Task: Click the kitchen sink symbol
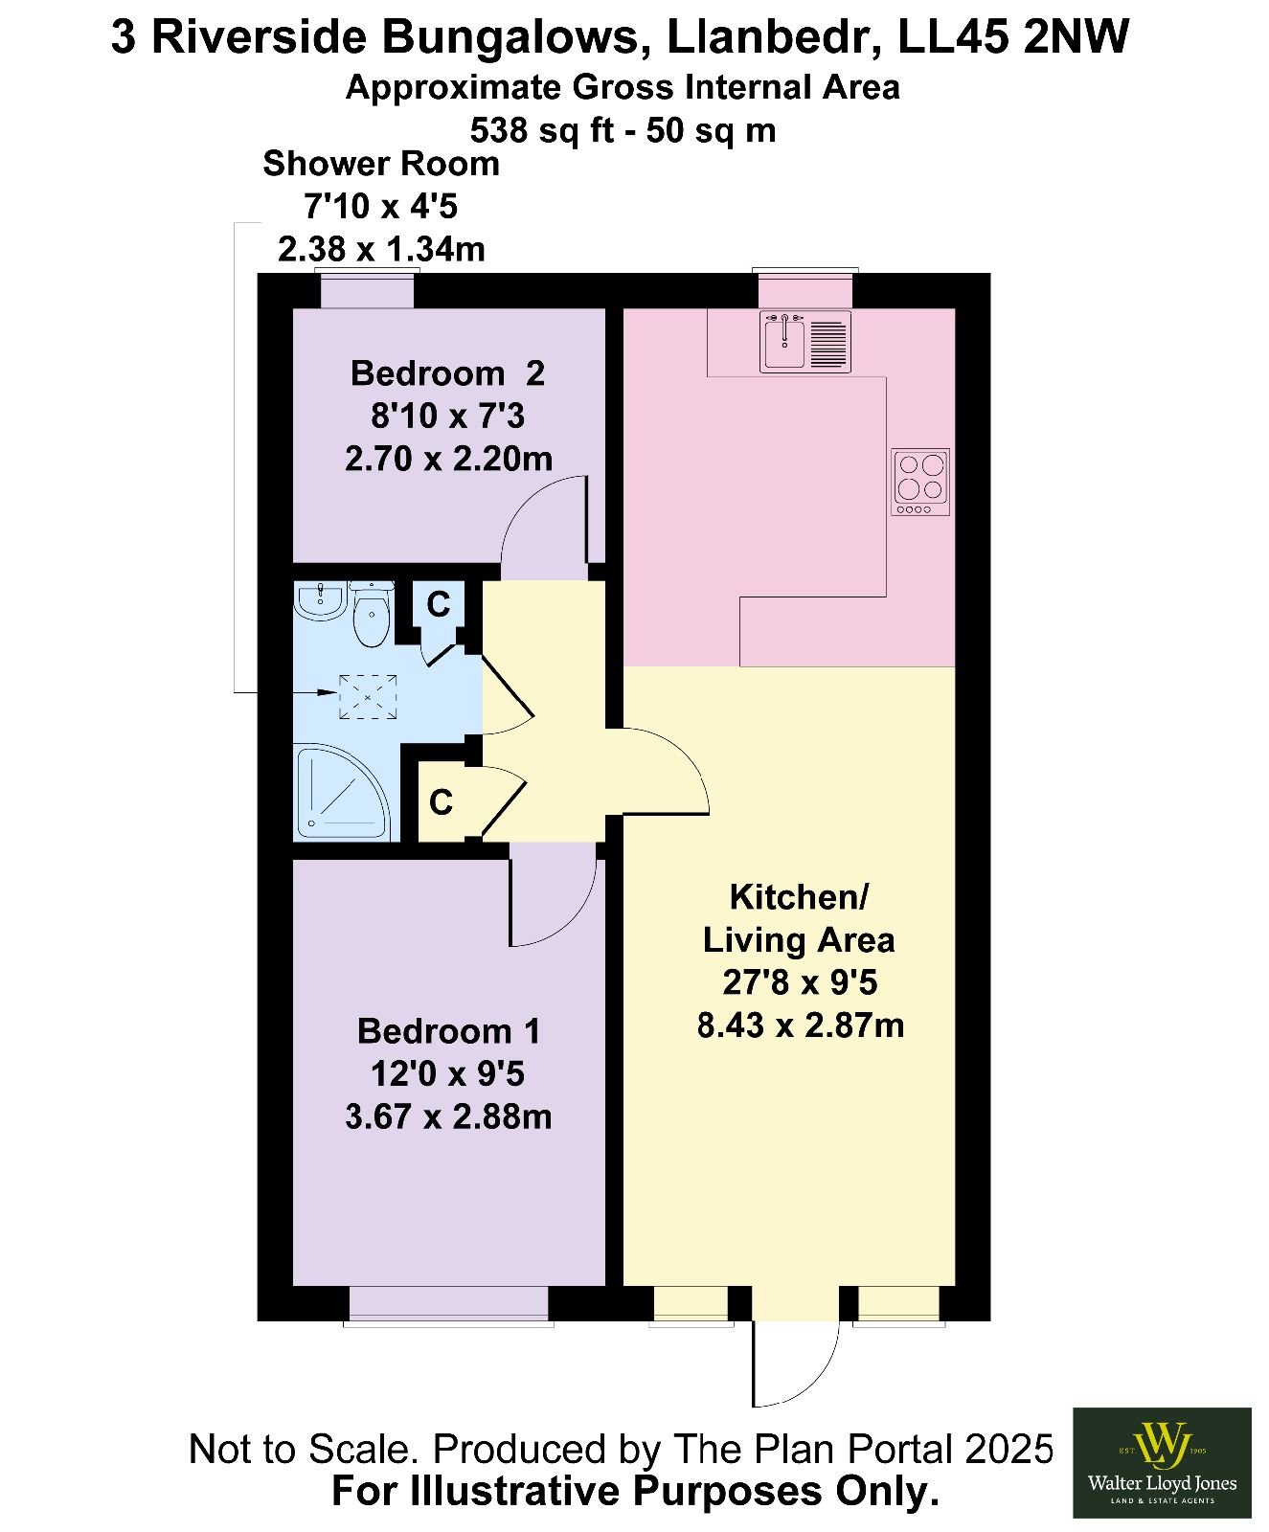pos(804,341)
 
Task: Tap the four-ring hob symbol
pos(920,482)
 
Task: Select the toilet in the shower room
pos(371,614)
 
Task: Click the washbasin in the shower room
pos(320,600)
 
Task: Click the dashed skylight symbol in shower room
pos(368,696)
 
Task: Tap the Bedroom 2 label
pos(447,373)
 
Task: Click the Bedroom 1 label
pos(448,1031)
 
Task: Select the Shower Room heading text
pos(381,164)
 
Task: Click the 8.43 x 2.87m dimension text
pos(801,1025)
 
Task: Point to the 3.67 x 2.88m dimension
pos(448,1116)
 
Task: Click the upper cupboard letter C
pos(439,604)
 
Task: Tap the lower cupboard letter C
pos(441,802)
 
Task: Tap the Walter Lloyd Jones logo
pos(1162,1462)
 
